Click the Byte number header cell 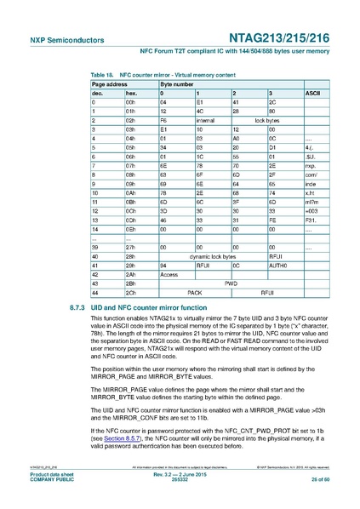176,83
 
